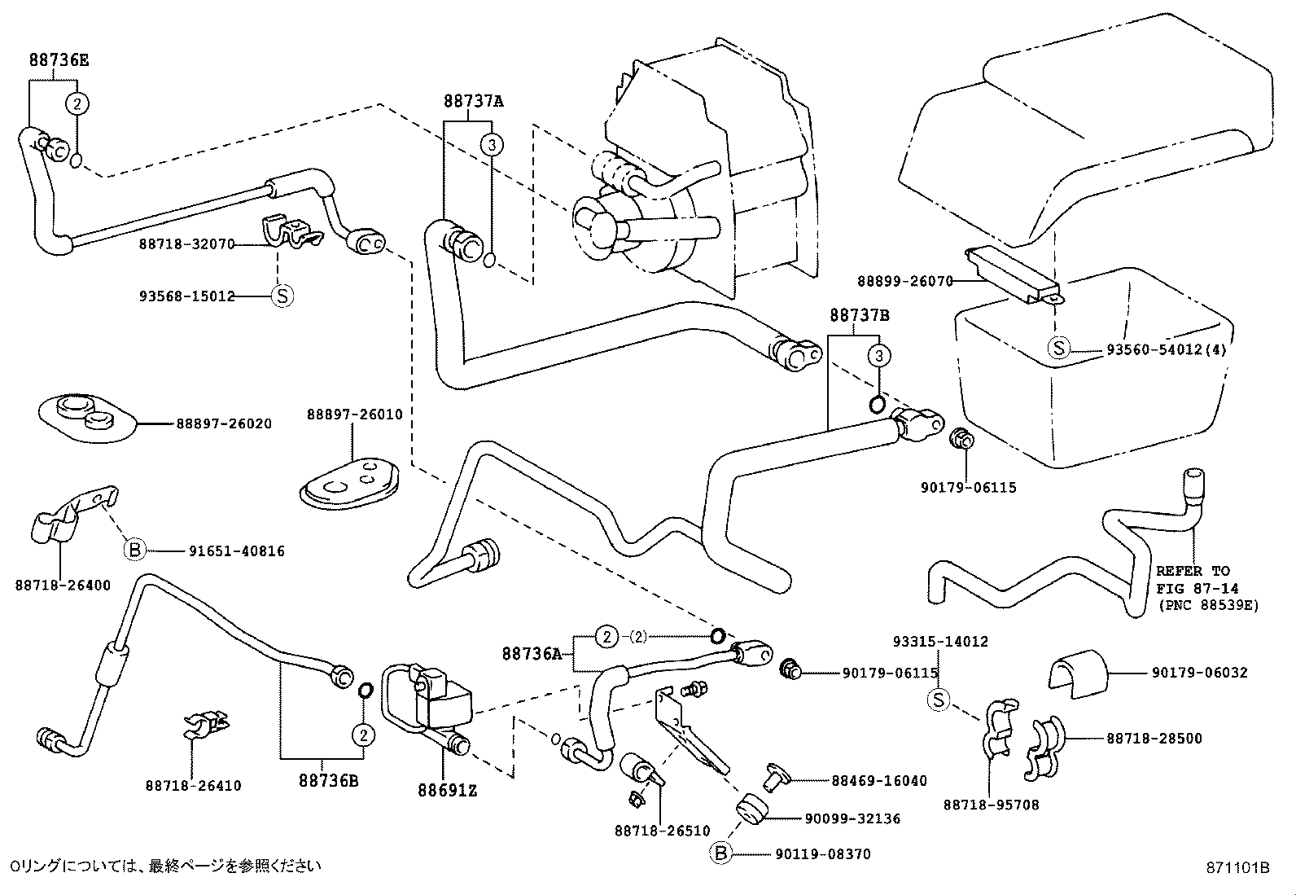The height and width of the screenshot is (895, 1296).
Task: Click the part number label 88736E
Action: click(x=59, y=60)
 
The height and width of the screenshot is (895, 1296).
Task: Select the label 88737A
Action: click(x=473, y=102)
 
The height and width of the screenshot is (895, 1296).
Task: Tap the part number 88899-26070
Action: click(x=904, y=281)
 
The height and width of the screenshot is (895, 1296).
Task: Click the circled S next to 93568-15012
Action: click(x=282, y=296)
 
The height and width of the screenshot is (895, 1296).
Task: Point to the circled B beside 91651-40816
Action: click(x=134, y=551)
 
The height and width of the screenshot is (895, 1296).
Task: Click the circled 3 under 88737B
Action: click(x=878, y=356)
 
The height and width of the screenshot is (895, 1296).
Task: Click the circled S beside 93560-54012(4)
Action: click(x=1058, y=349)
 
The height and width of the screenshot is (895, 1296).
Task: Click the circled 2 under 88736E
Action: click(x=77, y=103)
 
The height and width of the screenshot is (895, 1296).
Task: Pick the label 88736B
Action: click(x=329, y=780)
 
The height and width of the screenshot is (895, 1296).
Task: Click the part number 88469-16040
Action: click(x=879, y=780)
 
